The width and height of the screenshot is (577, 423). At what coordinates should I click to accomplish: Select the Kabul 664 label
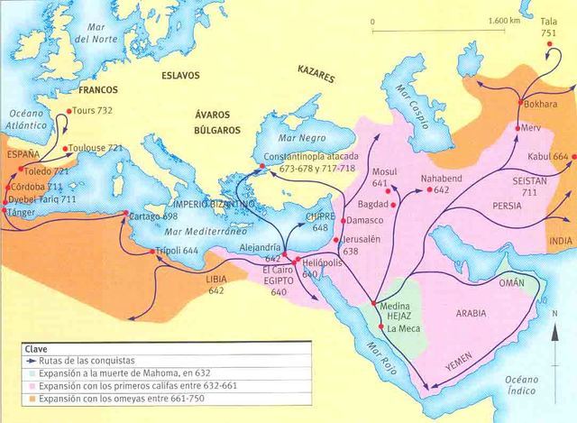tap(548, 156)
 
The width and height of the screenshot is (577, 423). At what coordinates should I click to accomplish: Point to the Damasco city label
tap(370, 220)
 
